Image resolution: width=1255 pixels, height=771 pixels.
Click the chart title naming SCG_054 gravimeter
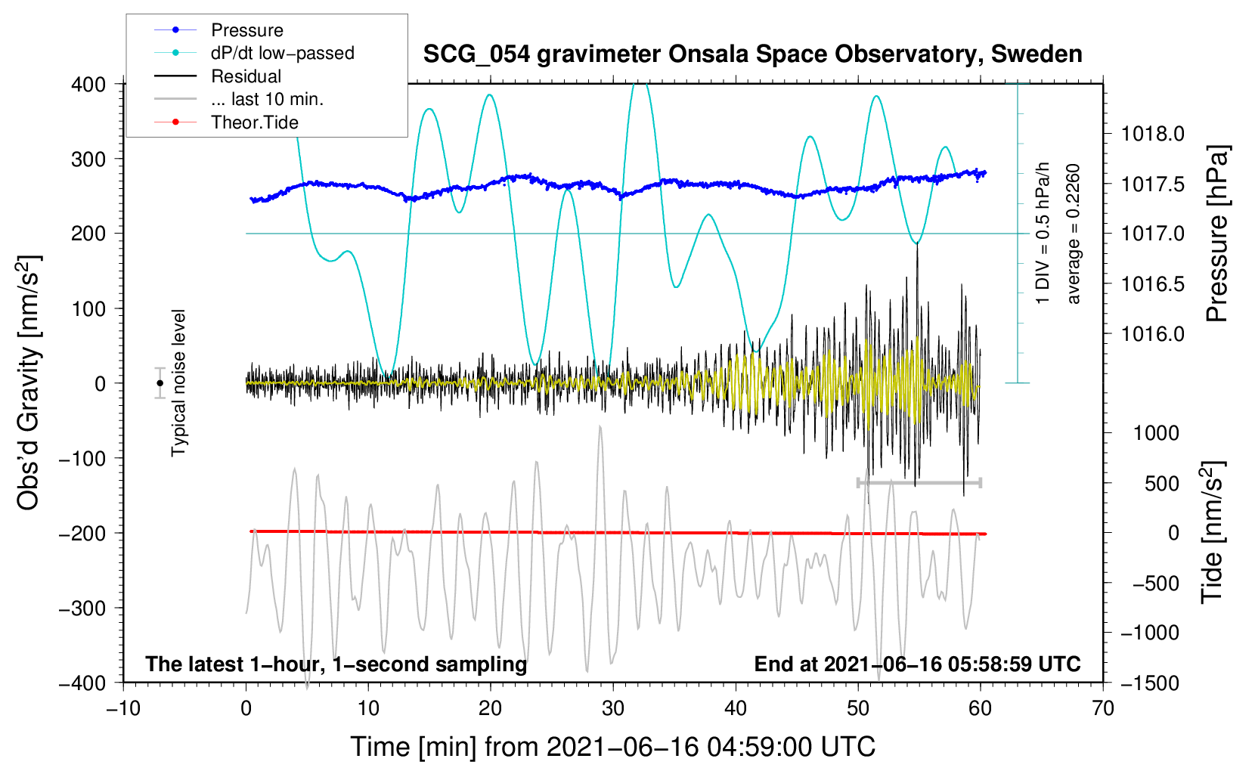click(x=752, y=54)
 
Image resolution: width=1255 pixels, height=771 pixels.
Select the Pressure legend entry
click(x=246, y=30)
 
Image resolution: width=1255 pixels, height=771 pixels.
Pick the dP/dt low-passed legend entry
click(x=282, y=53)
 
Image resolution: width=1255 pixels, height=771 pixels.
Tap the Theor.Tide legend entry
click(x=254, y=122)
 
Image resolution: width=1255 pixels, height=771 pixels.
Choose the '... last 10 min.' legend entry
click(x=267, y=99)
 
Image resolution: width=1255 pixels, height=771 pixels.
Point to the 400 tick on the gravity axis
click(x=89, y=85)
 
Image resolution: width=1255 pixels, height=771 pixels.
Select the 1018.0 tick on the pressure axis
click(x=1152, y=135)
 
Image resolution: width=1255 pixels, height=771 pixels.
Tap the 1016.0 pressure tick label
click(x=1152, y=334)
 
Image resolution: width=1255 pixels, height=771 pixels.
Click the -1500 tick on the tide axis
click(x=1154, y=683)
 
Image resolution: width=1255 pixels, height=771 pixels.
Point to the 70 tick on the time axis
click(x=1103, y=708)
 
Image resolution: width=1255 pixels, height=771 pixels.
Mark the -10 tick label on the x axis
click(x=123, y=708)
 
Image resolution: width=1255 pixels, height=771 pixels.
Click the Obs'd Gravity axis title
click(x=29, y=382)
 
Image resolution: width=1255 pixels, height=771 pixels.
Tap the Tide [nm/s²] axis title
click(x=1213, y=533)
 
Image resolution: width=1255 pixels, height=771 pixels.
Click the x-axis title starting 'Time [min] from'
click(x=612, y=747)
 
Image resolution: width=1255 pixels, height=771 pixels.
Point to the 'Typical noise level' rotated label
click(x=178, y=382)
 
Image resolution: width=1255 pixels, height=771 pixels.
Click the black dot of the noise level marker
click(x=160, y=383)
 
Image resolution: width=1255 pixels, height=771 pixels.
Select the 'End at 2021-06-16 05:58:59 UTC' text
click(x=917, y=664)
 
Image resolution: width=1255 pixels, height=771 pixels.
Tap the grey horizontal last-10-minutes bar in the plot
click(x=919, y=482)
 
